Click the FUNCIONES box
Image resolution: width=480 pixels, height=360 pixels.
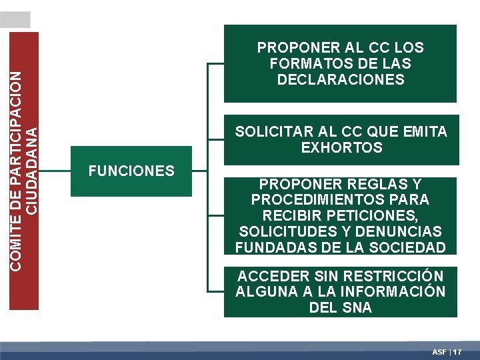pos(131,171)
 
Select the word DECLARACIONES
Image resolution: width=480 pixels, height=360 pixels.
pos(341,80)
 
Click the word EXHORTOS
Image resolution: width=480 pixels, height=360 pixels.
pos(341,148)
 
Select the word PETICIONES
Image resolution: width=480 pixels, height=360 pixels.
pos(380,215)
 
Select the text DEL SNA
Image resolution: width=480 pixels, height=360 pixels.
pos(341,308)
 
